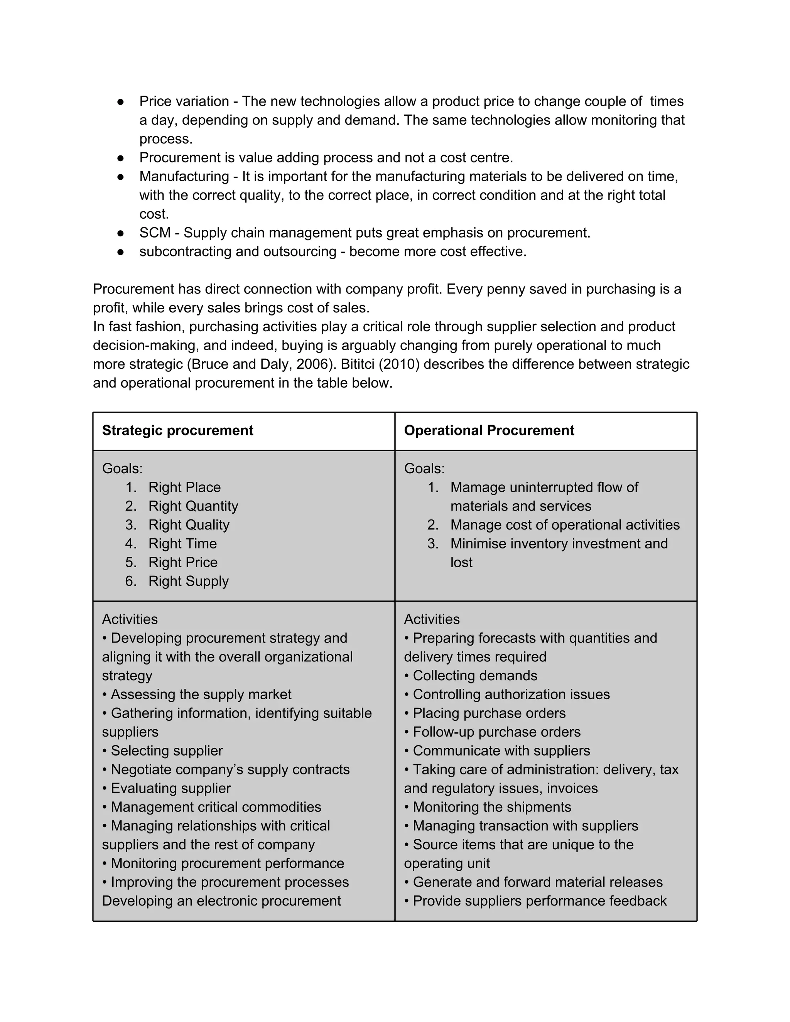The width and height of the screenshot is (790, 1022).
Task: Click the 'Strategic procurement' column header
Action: click(x=177, y=430)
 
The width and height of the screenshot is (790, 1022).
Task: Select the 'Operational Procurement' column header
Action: click(x=489, y=430)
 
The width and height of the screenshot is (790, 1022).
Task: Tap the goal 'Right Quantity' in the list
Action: click(x=193, y=506)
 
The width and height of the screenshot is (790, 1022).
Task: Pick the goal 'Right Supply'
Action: click(x=188, y=581)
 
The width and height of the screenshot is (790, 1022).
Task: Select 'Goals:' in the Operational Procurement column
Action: click(x=424, y=469)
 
